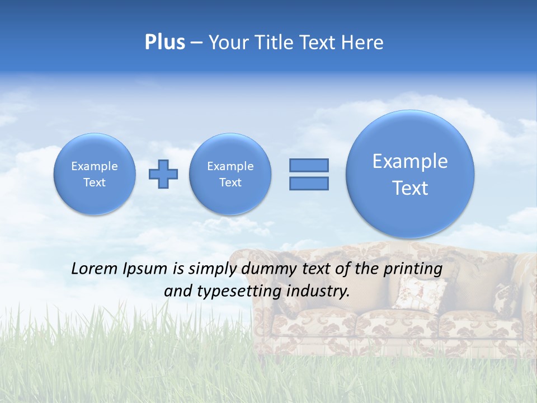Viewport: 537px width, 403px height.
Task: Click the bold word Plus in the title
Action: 164,42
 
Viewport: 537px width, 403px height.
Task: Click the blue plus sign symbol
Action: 163,174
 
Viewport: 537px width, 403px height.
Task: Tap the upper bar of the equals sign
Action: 309,165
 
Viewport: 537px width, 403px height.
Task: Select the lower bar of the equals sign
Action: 309,183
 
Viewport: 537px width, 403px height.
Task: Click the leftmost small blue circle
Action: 95,174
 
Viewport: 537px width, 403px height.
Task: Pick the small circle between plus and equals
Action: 230,174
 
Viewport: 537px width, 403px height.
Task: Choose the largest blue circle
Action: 410,174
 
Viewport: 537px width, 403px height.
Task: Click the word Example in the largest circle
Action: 410,161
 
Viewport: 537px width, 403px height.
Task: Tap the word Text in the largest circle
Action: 410,188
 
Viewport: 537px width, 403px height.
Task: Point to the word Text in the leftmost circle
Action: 95,182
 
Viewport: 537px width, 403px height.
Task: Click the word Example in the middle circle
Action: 230,166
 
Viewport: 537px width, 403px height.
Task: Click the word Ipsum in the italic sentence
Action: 147,269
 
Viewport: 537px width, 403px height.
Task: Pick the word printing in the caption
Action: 412,269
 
